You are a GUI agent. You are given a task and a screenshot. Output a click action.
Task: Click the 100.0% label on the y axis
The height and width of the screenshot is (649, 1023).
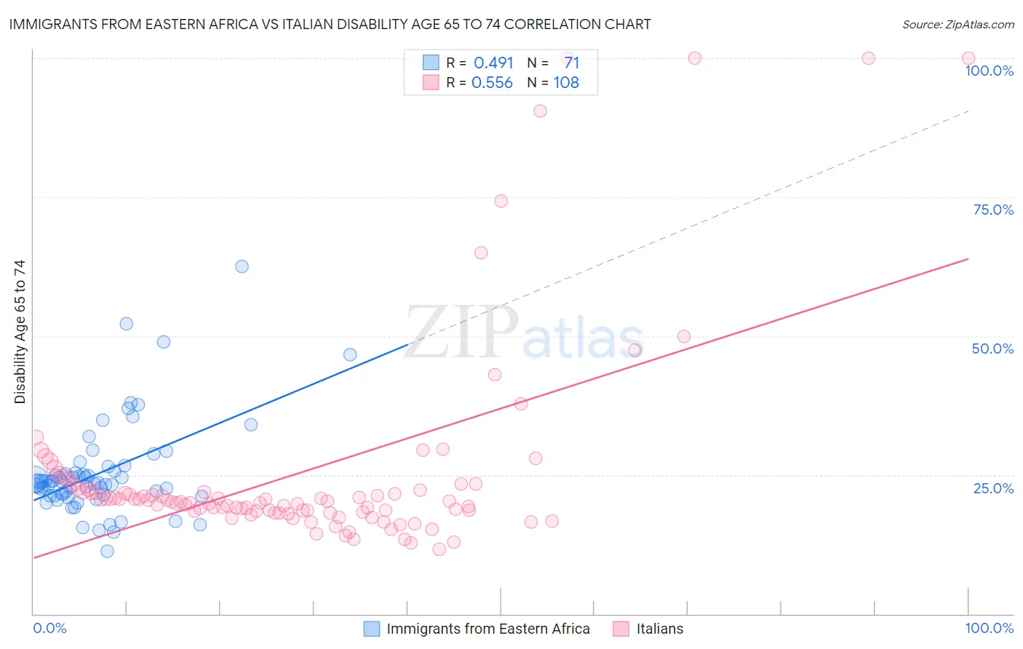point(989,71)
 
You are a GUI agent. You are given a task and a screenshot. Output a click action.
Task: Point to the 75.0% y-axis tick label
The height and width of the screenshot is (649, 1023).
point(993,210)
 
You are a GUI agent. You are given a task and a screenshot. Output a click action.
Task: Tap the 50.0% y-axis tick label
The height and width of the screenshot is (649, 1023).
point(992,349)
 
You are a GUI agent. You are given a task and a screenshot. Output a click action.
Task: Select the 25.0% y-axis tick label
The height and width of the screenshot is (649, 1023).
point(993,487)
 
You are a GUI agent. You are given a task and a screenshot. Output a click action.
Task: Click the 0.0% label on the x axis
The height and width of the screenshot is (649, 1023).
point(49,628)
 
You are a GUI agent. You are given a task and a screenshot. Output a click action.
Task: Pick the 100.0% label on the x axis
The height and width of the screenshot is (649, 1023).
point(989,628)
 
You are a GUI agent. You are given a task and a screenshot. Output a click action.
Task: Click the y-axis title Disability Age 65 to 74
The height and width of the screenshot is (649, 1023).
point(20,332)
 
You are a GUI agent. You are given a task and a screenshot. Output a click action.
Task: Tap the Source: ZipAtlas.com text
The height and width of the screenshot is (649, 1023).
point(958,24)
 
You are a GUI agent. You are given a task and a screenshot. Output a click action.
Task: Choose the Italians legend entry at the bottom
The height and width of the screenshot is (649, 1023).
point(659,629)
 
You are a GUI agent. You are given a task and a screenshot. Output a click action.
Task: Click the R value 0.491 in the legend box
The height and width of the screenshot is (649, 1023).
point(493,63)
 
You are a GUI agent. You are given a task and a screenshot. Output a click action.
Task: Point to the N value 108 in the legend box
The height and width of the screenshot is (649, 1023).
point(566,83)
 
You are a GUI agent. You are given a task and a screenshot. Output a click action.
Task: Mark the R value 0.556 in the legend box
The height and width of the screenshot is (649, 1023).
point(492,83)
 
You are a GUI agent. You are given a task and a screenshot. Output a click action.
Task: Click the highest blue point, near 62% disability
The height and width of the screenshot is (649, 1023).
point(242,266)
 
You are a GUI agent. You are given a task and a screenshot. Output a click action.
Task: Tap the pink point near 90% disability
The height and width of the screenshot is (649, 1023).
point(540,111)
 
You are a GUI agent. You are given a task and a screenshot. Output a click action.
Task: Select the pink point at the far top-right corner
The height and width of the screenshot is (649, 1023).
point(968,58)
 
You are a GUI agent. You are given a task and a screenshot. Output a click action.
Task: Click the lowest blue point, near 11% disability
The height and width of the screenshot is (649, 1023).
point(107,551)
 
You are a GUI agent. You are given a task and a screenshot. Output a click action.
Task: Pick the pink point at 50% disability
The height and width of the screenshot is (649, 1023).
point(684,336)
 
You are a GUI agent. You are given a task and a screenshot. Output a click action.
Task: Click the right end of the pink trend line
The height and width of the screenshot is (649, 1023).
point(968,258)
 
